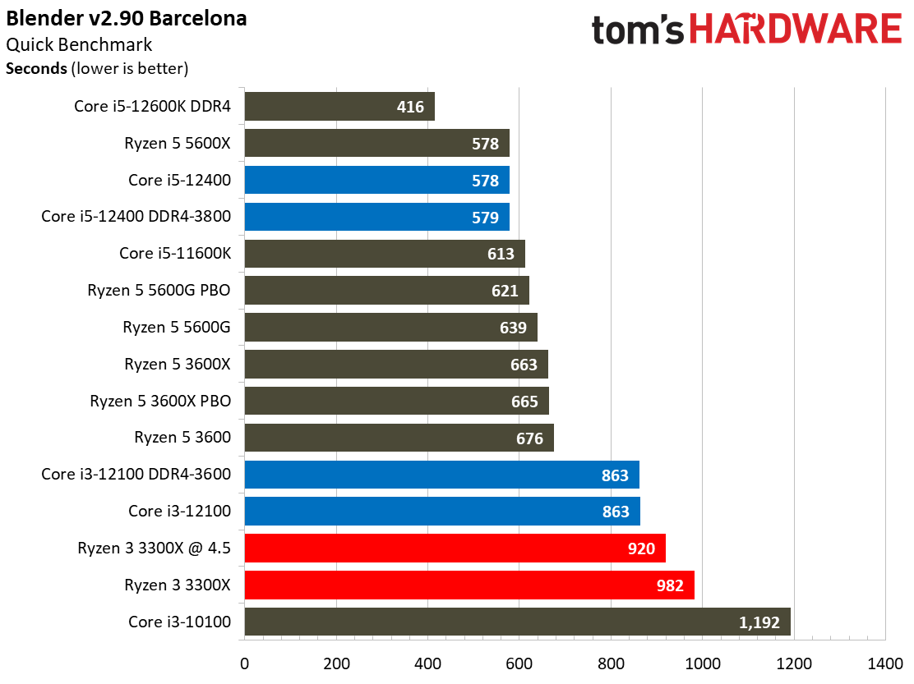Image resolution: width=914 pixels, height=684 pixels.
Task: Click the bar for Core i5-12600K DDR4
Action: point(339,107)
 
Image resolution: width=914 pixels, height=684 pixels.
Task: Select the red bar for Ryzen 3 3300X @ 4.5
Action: point(455,548)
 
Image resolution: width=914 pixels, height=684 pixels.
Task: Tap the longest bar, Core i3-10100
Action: point(517,622)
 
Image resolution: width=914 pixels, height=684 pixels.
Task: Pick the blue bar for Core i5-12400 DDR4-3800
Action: point(376,217)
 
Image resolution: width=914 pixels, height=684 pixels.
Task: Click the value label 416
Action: point(409,107)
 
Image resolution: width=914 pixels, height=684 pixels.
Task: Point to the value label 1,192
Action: point(759,622)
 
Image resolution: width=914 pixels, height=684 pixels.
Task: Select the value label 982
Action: point(671,585)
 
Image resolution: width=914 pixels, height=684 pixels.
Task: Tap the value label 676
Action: point(529,438)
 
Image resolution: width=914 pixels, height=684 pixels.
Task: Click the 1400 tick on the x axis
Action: point(884,663)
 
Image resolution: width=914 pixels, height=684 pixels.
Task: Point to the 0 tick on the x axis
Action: point(244,663)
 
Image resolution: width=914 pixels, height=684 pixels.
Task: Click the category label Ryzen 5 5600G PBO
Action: point(159,291)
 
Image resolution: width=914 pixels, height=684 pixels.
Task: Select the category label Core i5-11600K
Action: point(175,254)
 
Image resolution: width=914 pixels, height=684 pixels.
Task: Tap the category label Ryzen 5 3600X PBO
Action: point(160,402)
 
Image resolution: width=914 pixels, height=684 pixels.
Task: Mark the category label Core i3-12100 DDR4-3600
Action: point(136,474)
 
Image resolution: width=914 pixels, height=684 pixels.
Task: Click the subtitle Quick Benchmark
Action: point(79,44)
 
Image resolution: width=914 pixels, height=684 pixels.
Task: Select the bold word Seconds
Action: point(36,69)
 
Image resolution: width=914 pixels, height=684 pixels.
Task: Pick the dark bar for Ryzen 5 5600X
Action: point(376,144)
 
